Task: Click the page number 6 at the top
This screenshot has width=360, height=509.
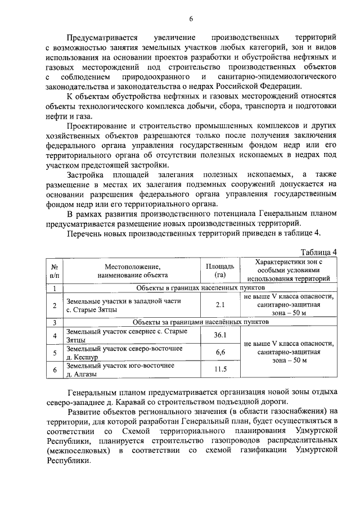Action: (x=191, y=18)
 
